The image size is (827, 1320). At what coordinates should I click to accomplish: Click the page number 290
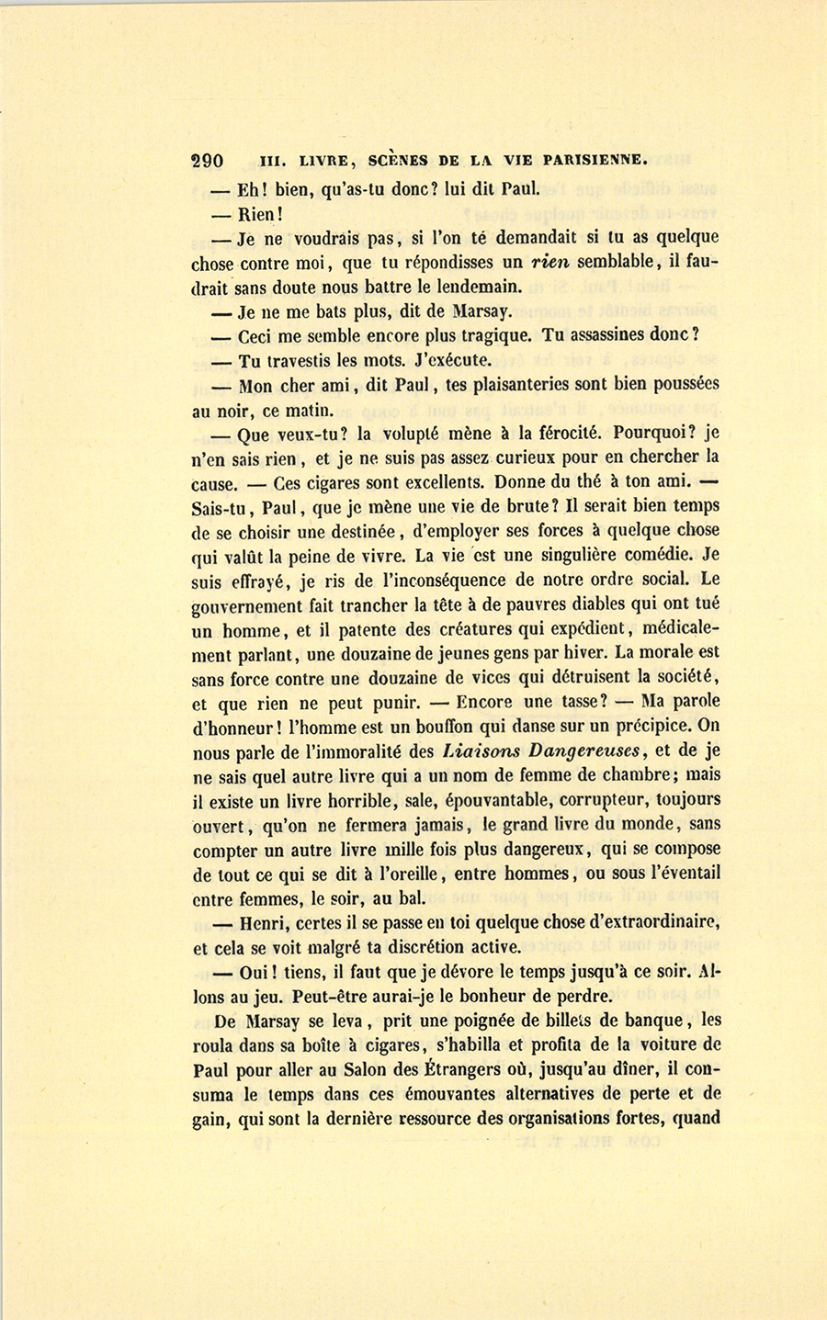208,160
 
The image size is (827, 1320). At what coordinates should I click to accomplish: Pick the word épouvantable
498,800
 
